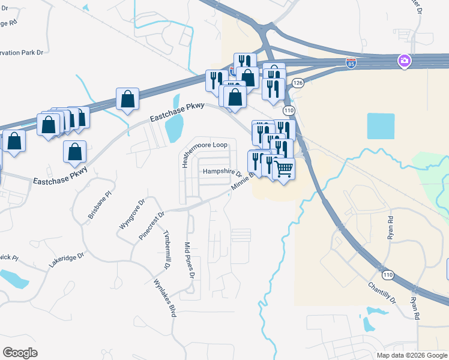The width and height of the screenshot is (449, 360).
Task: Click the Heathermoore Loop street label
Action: (208, 146)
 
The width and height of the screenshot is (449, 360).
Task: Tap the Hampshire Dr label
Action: (222, 172)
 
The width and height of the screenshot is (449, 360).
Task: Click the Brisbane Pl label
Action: (100, 205)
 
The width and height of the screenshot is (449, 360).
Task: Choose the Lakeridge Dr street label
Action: (67, 258)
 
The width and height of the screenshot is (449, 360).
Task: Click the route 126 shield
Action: (297, 82)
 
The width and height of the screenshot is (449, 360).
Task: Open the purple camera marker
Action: (405, 61)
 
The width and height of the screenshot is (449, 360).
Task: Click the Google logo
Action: (20, 352)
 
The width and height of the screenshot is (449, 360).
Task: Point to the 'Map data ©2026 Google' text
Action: (412, 355)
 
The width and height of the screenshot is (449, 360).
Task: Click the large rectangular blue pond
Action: (381, 127)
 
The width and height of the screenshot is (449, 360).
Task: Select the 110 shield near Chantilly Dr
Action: (388, 274)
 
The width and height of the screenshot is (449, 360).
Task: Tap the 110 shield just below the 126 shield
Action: (289, 110)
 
